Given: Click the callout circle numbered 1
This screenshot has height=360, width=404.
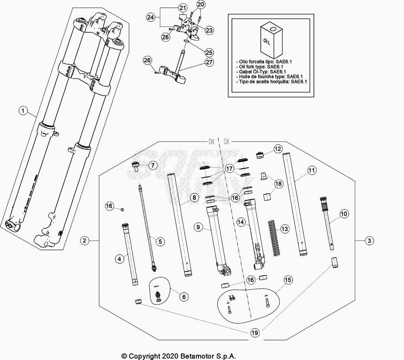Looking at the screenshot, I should [23, 112].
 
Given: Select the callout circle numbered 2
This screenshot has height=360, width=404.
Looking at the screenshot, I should [84, 240].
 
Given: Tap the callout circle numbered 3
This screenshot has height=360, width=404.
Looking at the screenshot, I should [369, 240].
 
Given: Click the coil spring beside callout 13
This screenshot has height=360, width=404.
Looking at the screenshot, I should [273, 236].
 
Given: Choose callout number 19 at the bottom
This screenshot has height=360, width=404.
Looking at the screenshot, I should [255, 333].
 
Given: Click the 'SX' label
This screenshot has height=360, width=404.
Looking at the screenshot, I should [227, 141].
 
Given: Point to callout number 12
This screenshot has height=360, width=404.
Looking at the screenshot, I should [278, 149].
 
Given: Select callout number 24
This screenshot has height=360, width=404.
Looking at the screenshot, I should [150, 17].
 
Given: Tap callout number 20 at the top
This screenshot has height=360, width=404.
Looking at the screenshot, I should [201, 5].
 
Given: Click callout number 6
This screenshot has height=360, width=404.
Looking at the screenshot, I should [183, 297].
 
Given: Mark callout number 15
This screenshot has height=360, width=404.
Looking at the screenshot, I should [288, 280].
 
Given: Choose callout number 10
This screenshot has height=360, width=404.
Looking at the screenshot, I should [344, 214].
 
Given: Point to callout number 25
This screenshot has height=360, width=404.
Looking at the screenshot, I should [209, 52].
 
